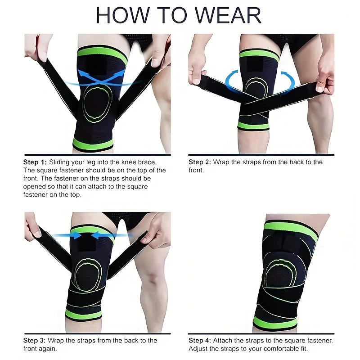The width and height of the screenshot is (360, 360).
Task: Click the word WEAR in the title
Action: point(228,15)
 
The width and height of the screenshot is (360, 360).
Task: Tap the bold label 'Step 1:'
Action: point(35,162)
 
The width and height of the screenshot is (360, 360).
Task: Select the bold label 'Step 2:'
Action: point(200,162)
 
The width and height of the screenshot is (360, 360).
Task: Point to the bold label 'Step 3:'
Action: point(35,341)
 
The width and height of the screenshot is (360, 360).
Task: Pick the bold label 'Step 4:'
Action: point(200,341)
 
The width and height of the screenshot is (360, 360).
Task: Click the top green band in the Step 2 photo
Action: point(259,56)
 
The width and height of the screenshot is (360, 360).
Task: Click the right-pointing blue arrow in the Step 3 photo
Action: point(67,235)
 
